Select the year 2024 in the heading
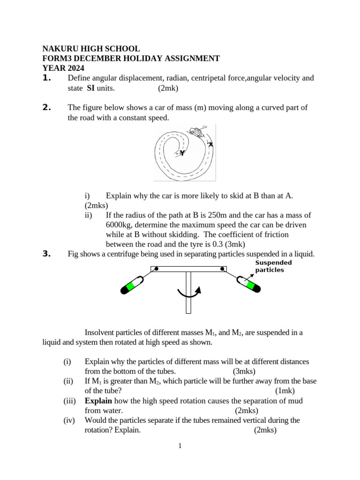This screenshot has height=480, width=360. click(x=75, y=68)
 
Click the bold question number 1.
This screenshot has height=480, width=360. click(x=46, y=78)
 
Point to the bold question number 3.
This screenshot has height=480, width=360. click(x=46, y=254)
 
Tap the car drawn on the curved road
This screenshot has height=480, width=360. click(x=196, y=131)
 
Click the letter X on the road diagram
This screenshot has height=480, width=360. click(x=210, y=144)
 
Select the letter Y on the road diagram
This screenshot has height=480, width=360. click(x=182, y=153)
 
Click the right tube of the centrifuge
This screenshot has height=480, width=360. click(x=247, y=285)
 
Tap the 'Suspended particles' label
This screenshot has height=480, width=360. click(x=273, y=266)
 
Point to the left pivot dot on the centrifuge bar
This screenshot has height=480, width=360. click(x=156, y=269)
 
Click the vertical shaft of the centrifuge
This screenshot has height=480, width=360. click(x=188, y=293)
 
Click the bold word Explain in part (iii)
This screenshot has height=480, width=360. click(x=98, y=401)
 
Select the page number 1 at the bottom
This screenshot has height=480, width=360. click(x=180, y=446)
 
